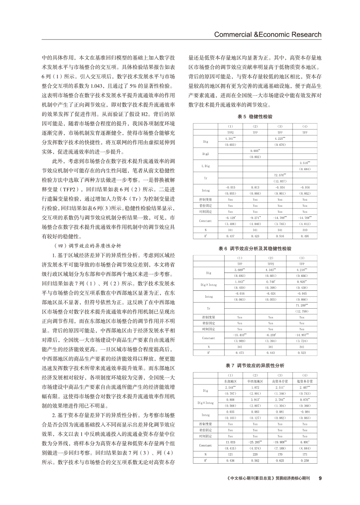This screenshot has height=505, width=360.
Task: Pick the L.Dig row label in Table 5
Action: [206, 166]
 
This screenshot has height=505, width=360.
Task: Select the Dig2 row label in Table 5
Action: [206, 154]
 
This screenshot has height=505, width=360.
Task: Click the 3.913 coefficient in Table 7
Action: [255, 400]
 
